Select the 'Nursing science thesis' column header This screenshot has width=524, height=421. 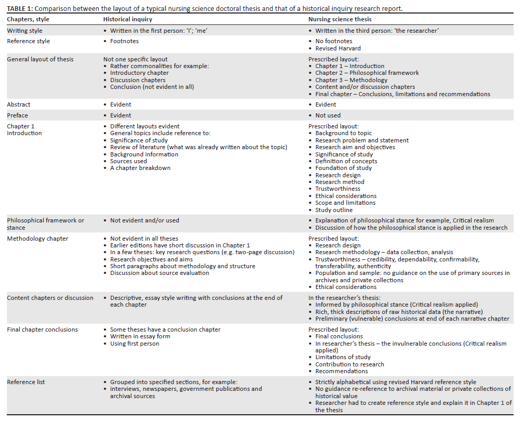pos(340,19)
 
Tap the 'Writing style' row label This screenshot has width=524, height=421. pos(25,31)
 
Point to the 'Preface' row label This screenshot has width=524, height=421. pos(17,115)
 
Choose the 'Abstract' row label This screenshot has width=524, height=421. pos(19,104)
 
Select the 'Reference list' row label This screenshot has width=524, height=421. pos(26,382)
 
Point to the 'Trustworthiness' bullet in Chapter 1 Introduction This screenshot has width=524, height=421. pos(337,189)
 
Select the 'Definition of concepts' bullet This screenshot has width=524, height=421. pos(346,161)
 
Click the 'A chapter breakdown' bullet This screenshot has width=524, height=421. pos(140,168)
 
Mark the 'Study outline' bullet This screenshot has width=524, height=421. pos(334,210)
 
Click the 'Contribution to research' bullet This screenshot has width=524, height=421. pos(349,364)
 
